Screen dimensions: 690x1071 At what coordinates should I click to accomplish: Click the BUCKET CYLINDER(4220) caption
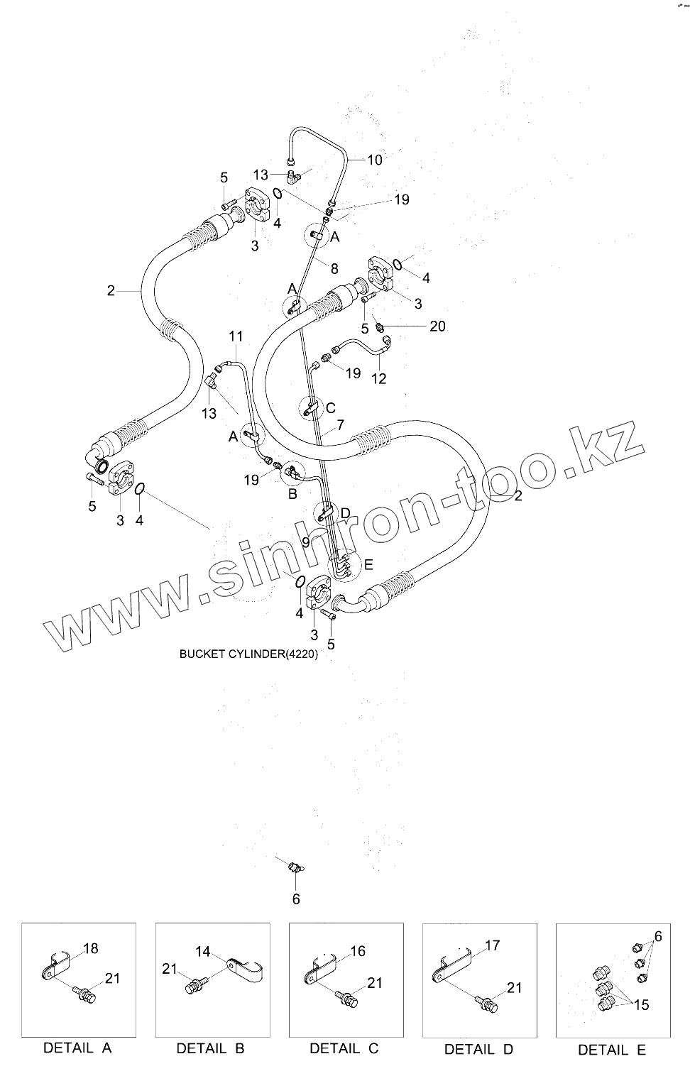pyautogui.click(x=248, y=654)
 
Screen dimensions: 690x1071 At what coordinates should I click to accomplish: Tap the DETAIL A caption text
pyautogui.click(x=78, y=1048)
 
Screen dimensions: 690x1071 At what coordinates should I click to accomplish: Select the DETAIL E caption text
pyautogui.click(x=612, y=1049)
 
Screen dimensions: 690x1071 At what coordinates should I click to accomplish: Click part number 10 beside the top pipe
pyautogui.click(x=374, y=160)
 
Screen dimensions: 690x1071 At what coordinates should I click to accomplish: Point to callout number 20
pyautogui.click(x=438, y=326)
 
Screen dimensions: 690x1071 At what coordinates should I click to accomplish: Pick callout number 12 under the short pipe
pyautogui.click(x=379, y=378)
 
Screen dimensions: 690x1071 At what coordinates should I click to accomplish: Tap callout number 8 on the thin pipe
pyautogui.click(x=334, y=268)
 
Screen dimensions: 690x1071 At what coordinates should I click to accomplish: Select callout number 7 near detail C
pyautogui.click(x=340, y=425)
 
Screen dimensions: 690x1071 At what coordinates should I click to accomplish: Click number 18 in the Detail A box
pyautogui.click(x=90, y=948)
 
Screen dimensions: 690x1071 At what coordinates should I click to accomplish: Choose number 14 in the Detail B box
pyautogui.click(x=203, y=951)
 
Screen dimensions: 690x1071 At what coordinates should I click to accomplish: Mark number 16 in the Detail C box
pyautogui.click(x=358, y=951)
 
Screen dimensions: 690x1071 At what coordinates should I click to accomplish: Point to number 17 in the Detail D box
pyautogui.click(x=492, y=945)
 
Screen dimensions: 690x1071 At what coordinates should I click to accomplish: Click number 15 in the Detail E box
pyautogui.click(x=641, y=1005)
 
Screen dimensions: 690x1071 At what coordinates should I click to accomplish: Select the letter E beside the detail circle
pyautogui.click(x=368, y=565)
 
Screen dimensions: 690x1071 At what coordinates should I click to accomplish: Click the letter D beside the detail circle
pyautogui.click(x=345, y=512)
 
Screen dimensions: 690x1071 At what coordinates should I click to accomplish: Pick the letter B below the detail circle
pyautogui.click(x=292, y=494)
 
